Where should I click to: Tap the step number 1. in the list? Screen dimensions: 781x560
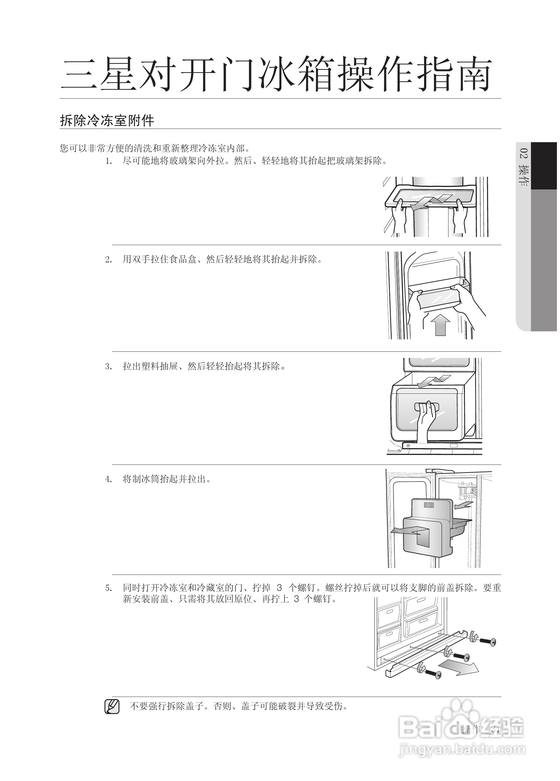[109, 161]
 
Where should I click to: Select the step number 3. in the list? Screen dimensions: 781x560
[109, 367]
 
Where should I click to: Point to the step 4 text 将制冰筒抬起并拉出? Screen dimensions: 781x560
[166, 479]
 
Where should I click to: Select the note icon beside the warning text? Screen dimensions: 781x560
[112, 707]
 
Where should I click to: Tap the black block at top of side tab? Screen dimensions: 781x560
[544, 166]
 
